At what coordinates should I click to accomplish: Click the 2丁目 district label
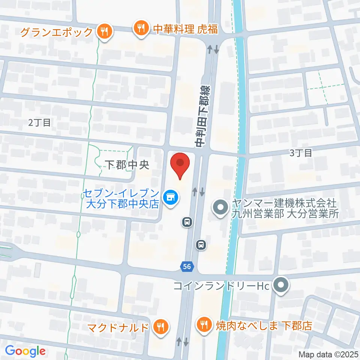click(39, 122)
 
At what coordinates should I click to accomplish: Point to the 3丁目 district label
click(301, 153)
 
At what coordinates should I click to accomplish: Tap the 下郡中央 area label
click(127, 165)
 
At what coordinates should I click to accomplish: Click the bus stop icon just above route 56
click(201, 245)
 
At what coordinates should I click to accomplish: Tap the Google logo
click(25, 351)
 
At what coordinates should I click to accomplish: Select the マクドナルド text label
click(118, 327)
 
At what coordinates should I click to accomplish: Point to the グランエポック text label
click(56, 32)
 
